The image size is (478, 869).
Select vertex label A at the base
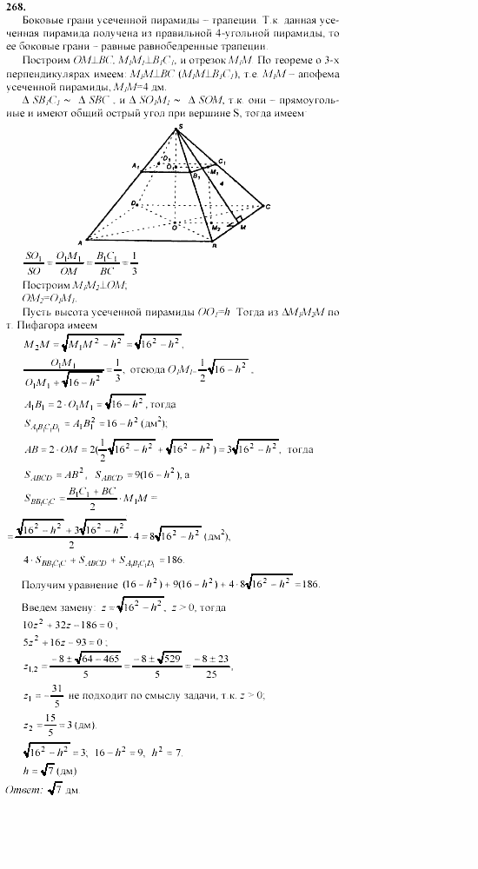(80, 241)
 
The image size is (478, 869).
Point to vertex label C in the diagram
(269, 206)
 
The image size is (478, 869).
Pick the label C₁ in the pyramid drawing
(222, 163)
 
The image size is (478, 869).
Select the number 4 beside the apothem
(222, 184)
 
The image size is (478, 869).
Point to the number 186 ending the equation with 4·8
(309, 582)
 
